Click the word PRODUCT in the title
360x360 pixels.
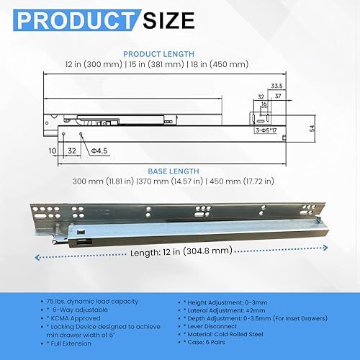coord(76,20)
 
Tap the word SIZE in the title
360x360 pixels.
coord(168,20)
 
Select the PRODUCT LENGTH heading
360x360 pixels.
coord(158,54)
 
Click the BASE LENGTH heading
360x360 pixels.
coord(174,171)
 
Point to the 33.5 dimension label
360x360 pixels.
coord(276,86)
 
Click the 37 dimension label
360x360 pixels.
coord(278,96)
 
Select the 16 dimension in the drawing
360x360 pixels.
coord(264,104)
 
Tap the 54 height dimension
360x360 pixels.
coord(312,128)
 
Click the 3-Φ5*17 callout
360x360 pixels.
coord(266,130)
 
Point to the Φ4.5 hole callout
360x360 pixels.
coord(99,150)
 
